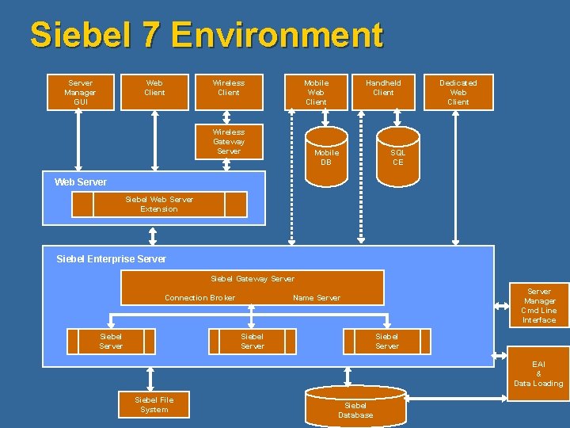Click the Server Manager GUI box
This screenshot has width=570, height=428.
tap(80, 92)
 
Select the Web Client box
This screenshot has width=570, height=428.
tap(154, 92)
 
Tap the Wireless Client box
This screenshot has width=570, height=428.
tap(229, 92)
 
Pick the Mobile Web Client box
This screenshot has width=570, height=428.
tap(316, 92)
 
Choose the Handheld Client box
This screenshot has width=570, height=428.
tap(383, 92)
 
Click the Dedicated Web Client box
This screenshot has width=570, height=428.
tap(458, 92)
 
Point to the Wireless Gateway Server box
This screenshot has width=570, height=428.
tap(229, 141)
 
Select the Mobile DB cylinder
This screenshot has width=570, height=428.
tap(326, 156)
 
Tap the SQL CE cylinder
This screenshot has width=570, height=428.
tap(397, 156)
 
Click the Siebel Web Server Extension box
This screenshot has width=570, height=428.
tap(159, 204)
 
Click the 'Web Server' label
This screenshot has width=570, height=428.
tap(81, 182)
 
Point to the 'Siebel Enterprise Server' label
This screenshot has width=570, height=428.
tap(112, 258)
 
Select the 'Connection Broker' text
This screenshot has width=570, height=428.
tap(199, 298)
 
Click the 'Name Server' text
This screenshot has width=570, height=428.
tap(317, 298)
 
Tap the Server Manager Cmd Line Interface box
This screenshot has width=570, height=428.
tap(539, 305)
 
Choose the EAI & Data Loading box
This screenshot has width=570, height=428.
tap(538, 374)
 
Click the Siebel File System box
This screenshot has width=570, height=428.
tap(154, 404)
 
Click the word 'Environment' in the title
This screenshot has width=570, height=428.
tap(276, 36)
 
